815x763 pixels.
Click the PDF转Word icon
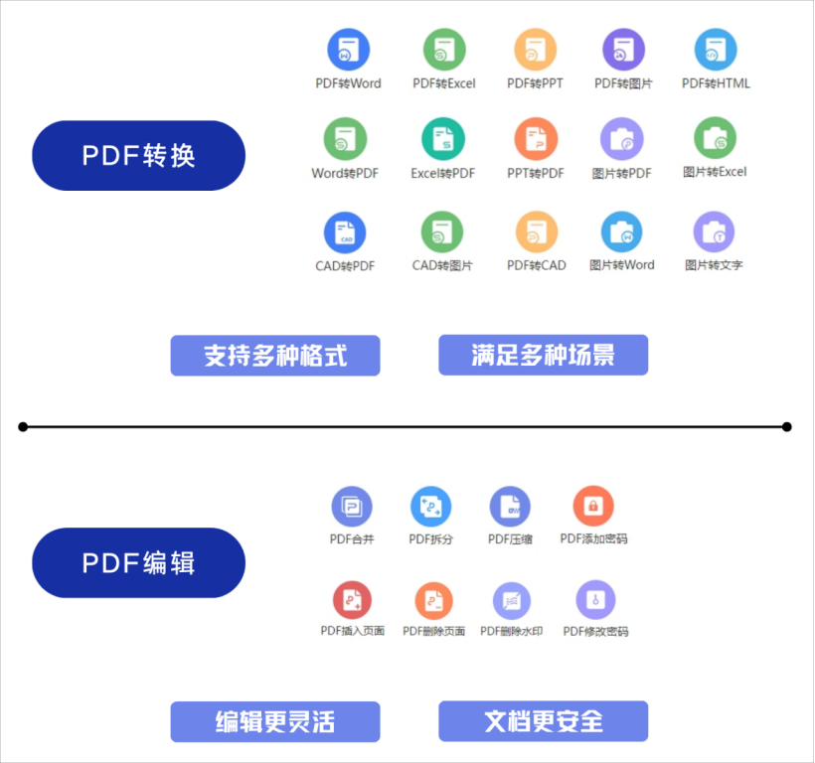point(349,49)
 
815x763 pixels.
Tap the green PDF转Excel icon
point(444,49)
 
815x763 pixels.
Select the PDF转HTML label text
point(716,83)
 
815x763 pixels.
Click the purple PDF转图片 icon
point(624,49)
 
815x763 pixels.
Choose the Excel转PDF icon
point(443,139)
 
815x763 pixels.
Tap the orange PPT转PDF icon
point(536,139)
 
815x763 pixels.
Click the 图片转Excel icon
point(715,138)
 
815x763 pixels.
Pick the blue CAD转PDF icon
point(345,232)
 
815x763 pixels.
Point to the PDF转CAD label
point(537,265)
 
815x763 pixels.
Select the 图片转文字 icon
point(714,232)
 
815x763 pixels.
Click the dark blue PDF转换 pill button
point(138,156)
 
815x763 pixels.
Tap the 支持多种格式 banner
point(275,356)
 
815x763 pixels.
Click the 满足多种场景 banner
point(543,355)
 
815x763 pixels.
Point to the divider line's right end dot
point(786,427)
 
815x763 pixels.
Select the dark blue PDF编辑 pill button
point(138,563)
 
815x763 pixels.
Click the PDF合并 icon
point(352,507)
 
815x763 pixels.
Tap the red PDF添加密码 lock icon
point(593,507)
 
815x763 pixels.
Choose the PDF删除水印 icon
point(512,600)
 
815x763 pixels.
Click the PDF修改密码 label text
point(595,632)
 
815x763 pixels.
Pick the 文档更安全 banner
point(543,721)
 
